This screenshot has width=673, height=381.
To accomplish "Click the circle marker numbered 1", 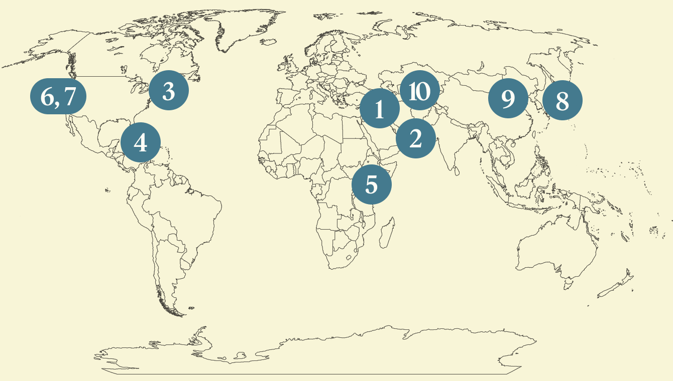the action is (x=380, y=108).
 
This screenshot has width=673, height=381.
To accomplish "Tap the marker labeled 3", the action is (x=169, y=91).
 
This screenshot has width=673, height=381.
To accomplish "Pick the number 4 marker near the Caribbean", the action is (x=141, y=143).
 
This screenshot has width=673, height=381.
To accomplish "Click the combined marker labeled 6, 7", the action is (x=58, y=96).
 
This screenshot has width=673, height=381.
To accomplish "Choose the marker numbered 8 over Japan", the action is (x=562, y=101).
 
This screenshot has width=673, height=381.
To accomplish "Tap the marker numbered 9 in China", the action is (x=508, y=99).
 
